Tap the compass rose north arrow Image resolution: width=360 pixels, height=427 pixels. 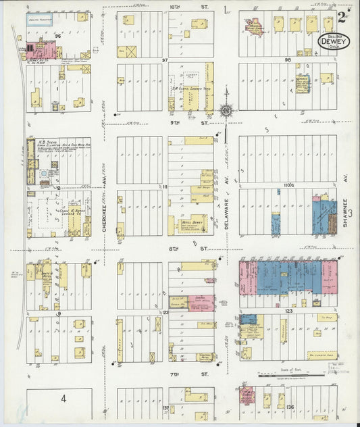click(226, 110)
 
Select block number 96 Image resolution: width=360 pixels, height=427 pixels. click(58, 35)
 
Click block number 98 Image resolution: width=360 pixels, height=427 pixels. click(288, 61)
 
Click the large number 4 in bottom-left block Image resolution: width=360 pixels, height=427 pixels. click(63, 399)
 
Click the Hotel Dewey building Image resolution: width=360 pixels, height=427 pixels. click(191, 224)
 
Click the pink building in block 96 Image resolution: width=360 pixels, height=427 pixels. click(45, 49)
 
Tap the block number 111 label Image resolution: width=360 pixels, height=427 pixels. click(164, 186)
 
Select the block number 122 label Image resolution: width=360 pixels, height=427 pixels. click(164, 313)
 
